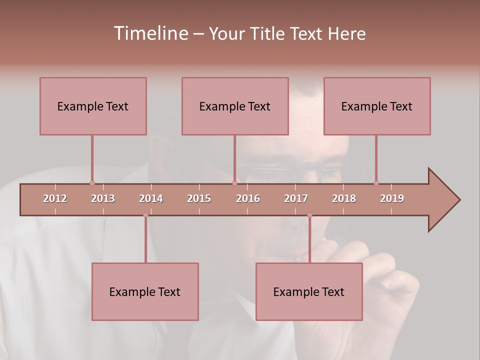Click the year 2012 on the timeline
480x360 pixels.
coord(55,198)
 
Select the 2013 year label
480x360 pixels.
coord(103,198)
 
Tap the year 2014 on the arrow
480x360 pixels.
coord(151,198)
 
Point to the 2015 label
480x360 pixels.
coord(199,198)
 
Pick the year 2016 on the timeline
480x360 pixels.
coord(248,198)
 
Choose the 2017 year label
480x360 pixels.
coord(296,198)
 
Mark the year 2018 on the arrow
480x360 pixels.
coord(344,198)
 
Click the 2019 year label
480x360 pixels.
coord(392,198)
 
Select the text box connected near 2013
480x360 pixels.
coord(93,106)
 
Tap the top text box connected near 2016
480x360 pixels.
coord(235,106)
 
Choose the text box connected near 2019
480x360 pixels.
coord(377,106)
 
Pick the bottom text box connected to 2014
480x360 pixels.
coord(145,291)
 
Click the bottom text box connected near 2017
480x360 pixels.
coord(309,291)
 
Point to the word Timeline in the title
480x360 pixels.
coord(150,33)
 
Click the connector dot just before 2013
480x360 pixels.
coord(92,183)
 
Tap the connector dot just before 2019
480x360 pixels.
coord(376,183)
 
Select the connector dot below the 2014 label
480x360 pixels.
coord(145,215)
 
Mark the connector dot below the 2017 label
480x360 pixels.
coord(309,215)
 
